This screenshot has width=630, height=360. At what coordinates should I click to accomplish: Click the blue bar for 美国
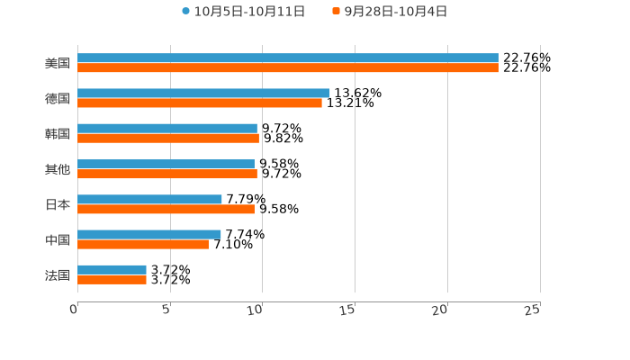[288, 58]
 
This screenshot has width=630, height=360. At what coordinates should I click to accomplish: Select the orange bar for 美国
[288, 67]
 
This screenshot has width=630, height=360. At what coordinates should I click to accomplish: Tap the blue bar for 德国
[203, 93]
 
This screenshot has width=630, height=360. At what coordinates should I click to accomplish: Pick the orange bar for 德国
[200, 103]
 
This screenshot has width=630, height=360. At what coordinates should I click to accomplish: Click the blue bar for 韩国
[167, 129]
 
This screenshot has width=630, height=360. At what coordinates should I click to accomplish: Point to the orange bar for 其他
[167, 174]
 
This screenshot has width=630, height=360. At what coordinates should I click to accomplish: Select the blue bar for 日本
[149, 199]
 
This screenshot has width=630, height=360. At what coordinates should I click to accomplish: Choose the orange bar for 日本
[166, 209]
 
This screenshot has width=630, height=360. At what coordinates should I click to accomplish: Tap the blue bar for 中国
[149, 234]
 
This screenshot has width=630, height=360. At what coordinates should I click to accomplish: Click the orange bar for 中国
[143, 244]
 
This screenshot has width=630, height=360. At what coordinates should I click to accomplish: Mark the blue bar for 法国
[112, 269]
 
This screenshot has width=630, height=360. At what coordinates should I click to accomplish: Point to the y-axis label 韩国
[58, 134]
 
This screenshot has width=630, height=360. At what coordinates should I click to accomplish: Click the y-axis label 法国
[58, 274]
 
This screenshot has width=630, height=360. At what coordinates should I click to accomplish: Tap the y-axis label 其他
[58, 169]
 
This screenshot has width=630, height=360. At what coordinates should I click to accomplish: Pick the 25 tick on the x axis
[533, 310]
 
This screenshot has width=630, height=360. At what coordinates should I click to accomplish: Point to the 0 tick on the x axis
[75, 310]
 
